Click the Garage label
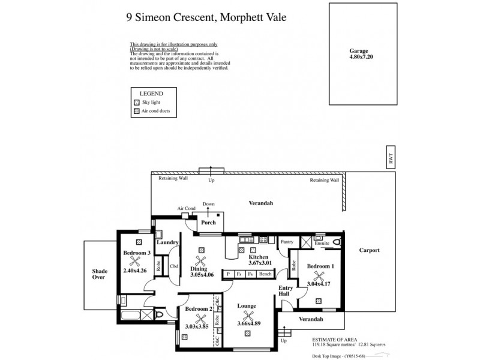pyautogui.click(x=359, y=52)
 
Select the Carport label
pyautogui.click(x=370, y=250)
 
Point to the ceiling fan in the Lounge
pyautogui.click(x=247, y=316)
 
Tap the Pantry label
pyautogui.click(x=286, y=242)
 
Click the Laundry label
pyautogui.click(x=167, y=242)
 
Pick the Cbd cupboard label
pyautogui.click(x=174, y=266)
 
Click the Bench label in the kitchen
pyautogui.click(x=265, y=274)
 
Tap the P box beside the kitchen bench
pyautogui.click(x=228, y=274)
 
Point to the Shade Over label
pyautogui.click(x=100, y=274)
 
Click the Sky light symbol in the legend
pyautogui.click(x=136, y=103)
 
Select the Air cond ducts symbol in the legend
pyautogui.click(x=136, y=112)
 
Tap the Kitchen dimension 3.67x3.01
pyautogui.click(x=260, y=262)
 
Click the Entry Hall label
pyautogui.click(x=284, y=290)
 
